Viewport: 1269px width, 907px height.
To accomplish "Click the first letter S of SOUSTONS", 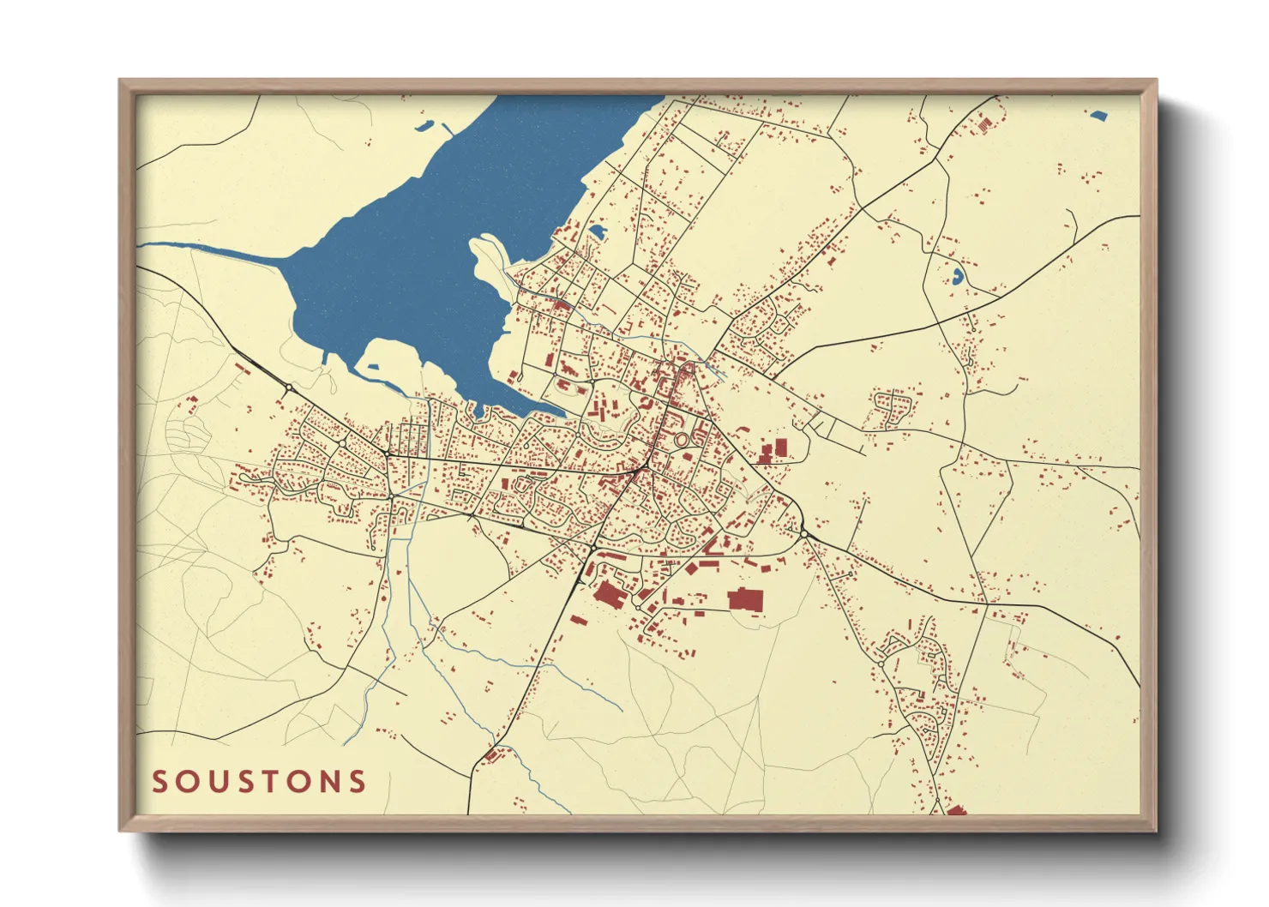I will pyautogui.click(x=159, y=782).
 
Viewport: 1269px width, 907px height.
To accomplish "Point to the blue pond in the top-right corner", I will pyautogui.click(x=1098, y=114).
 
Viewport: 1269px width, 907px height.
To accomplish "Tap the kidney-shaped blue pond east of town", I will pyautogui.click(x=956, y=276).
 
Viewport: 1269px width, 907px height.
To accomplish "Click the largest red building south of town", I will pyautogui.click(x=745, y=599).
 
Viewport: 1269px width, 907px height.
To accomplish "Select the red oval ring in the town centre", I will pyautogui.click(x=682, y=440).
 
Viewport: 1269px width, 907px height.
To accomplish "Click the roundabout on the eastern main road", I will pyautogui.click(x=804, y=534).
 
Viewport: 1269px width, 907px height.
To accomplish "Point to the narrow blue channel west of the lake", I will pyautogui.click(x=214, y=250).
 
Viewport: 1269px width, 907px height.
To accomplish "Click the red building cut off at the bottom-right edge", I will pyautogui.click(x=956, y=809).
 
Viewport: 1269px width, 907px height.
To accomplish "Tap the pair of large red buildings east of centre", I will pyautogui.click(x=773, y=451).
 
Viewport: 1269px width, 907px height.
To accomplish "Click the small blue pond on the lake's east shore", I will pyautogui.click(x=597, y=231).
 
